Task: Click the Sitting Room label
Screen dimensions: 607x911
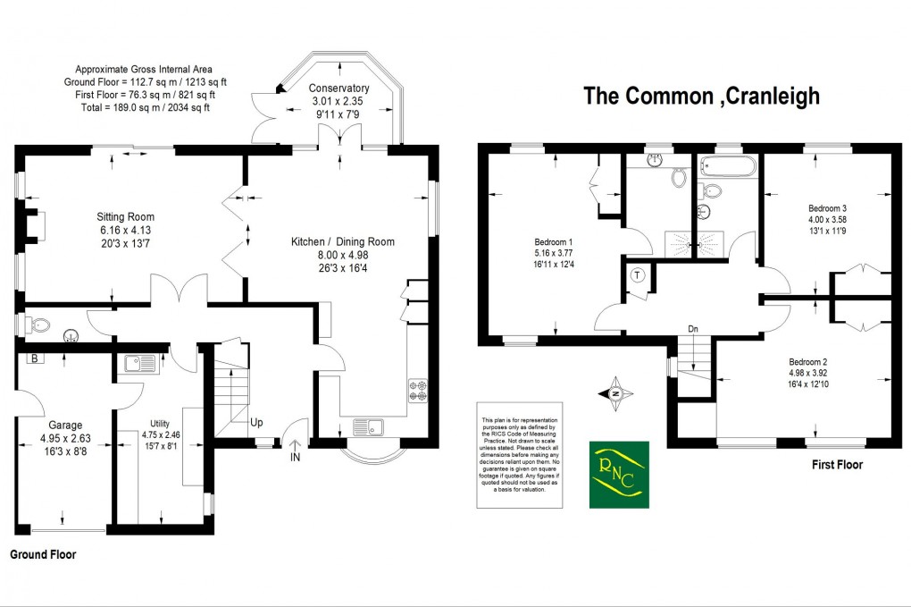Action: click(x=126, y=217)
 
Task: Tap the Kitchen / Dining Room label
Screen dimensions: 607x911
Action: click(x=343, y=241)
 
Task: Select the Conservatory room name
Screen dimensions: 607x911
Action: click(x=338, y=89)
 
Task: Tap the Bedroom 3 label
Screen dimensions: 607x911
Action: click(x=821, y=207)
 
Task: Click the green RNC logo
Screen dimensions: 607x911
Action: click(x=618, y=475)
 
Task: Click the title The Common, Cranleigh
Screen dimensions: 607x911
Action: click(x=701, y=96)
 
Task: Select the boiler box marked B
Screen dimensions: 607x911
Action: click(x=35, y=358)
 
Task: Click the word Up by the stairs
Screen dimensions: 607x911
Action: click(x=256, y=422)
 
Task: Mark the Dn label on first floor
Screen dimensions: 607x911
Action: click(x=692, y=329)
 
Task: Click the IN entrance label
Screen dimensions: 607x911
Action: click(x=296, y=458)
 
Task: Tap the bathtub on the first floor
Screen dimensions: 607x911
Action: click(x=728, y=165)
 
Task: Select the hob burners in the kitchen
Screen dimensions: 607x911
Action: click(x=418, y=390)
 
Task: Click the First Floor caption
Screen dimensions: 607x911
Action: click(x=837, y=465)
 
